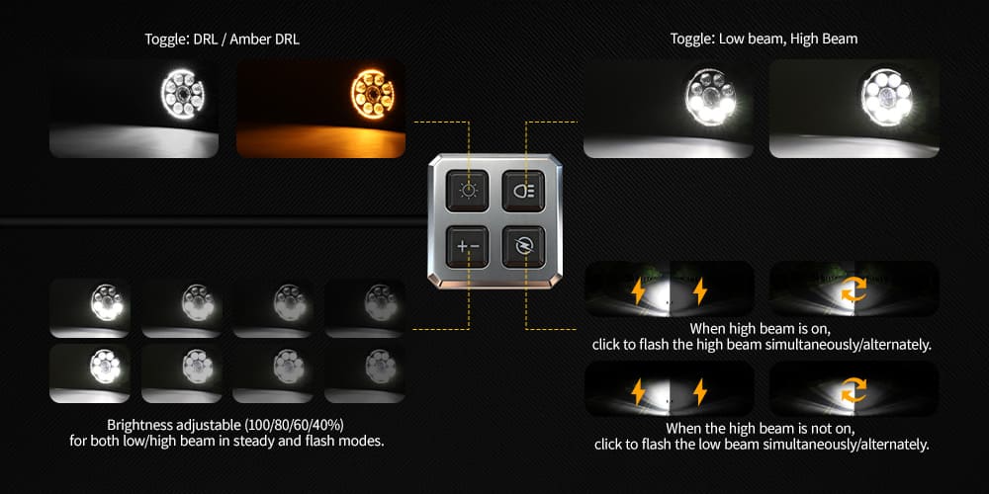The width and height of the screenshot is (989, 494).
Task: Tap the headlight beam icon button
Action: click(x=523, y=191)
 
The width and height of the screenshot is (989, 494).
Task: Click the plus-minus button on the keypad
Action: click(x=468, y=246)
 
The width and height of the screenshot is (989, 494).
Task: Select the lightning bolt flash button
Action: click(x=523, y=246)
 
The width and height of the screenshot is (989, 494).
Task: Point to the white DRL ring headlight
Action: click(x=183, y=93)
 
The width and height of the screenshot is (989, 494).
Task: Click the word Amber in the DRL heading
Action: click(x=250, y=40)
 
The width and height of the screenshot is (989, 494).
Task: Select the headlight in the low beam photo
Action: click(x=711, y=97)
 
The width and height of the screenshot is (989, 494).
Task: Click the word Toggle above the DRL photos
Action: click(x=163, y=40)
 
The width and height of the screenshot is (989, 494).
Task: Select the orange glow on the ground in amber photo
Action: click(x=320, y=140)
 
